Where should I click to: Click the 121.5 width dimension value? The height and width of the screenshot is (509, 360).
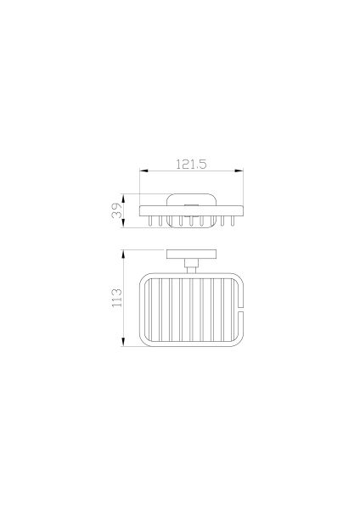(x=191, y=164)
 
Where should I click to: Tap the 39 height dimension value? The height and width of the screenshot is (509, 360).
(x=117, y=210)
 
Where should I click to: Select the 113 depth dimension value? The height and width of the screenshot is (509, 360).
(x=116, y=298)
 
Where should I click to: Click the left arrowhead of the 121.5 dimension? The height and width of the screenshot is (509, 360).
(x=143, y=171)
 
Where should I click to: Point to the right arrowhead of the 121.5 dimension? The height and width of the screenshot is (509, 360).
(x=239, y=171)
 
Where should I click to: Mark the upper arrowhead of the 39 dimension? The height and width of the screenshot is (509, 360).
(x=123, y=198)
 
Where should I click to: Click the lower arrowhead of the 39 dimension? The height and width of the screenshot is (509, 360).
(x=123, y=223)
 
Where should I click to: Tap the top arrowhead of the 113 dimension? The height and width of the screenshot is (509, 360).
(x=123, y=254)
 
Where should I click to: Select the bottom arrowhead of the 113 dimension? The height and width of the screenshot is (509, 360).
(x=123, y=342)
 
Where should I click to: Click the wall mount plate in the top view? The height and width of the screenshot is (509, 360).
(x=191, y=255)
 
